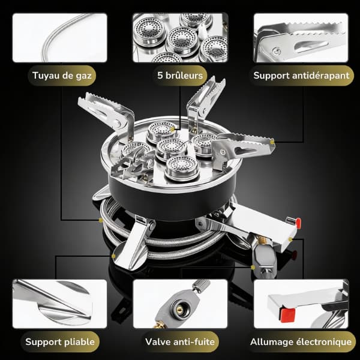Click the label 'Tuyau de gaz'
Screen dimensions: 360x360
pos(62,76)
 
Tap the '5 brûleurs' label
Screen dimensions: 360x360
pos(180,76)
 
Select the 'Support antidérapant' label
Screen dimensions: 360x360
pos(301,76)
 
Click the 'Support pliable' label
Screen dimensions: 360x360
pos(60,341)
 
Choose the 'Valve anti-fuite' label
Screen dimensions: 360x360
pos(180,341)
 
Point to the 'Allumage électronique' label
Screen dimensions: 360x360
pos(301,341)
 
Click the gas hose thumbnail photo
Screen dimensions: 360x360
pos(59,38)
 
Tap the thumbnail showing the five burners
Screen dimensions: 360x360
pos(180,38)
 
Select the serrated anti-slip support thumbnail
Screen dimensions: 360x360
pos(301,38)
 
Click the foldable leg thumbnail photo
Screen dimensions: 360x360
pos(59,304)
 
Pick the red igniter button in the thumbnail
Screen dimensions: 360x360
pos(287,315)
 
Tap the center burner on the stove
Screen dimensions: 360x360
pos(171,149)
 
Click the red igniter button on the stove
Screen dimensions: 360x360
pos(298,223)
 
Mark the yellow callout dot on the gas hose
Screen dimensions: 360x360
pos(101,220)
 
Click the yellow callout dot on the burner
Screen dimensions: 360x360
pos(172,130)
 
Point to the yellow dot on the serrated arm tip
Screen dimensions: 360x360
pos(272,142)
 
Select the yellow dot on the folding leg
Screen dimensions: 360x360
pos(113,256)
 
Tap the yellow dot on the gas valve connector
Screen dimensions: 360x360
pos(253,267)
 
